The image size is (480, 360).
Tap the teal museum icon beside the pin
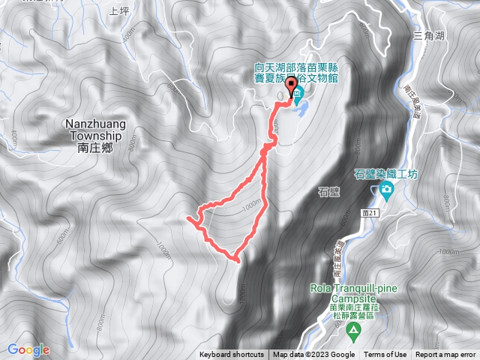(298, 94)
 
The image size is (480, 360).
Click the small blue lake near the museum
(302, 111)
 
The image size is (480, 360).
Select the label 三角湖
(428, 34)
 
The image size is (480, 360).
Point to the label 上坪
(119, 11)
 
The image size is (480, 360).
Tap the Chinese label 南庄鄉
(94, 148)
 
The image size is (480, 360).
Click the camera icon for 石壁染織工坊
(385, 190)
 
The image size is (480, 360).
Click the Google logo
(28, 349)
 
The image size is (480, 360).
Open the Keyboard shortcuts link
(232, 355)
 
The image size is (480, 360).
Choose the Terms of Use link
(385, 355)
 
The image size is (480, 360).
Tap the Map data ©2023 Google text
(313, 355)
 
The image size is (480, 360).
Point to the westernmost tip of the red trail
(187, 218)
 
